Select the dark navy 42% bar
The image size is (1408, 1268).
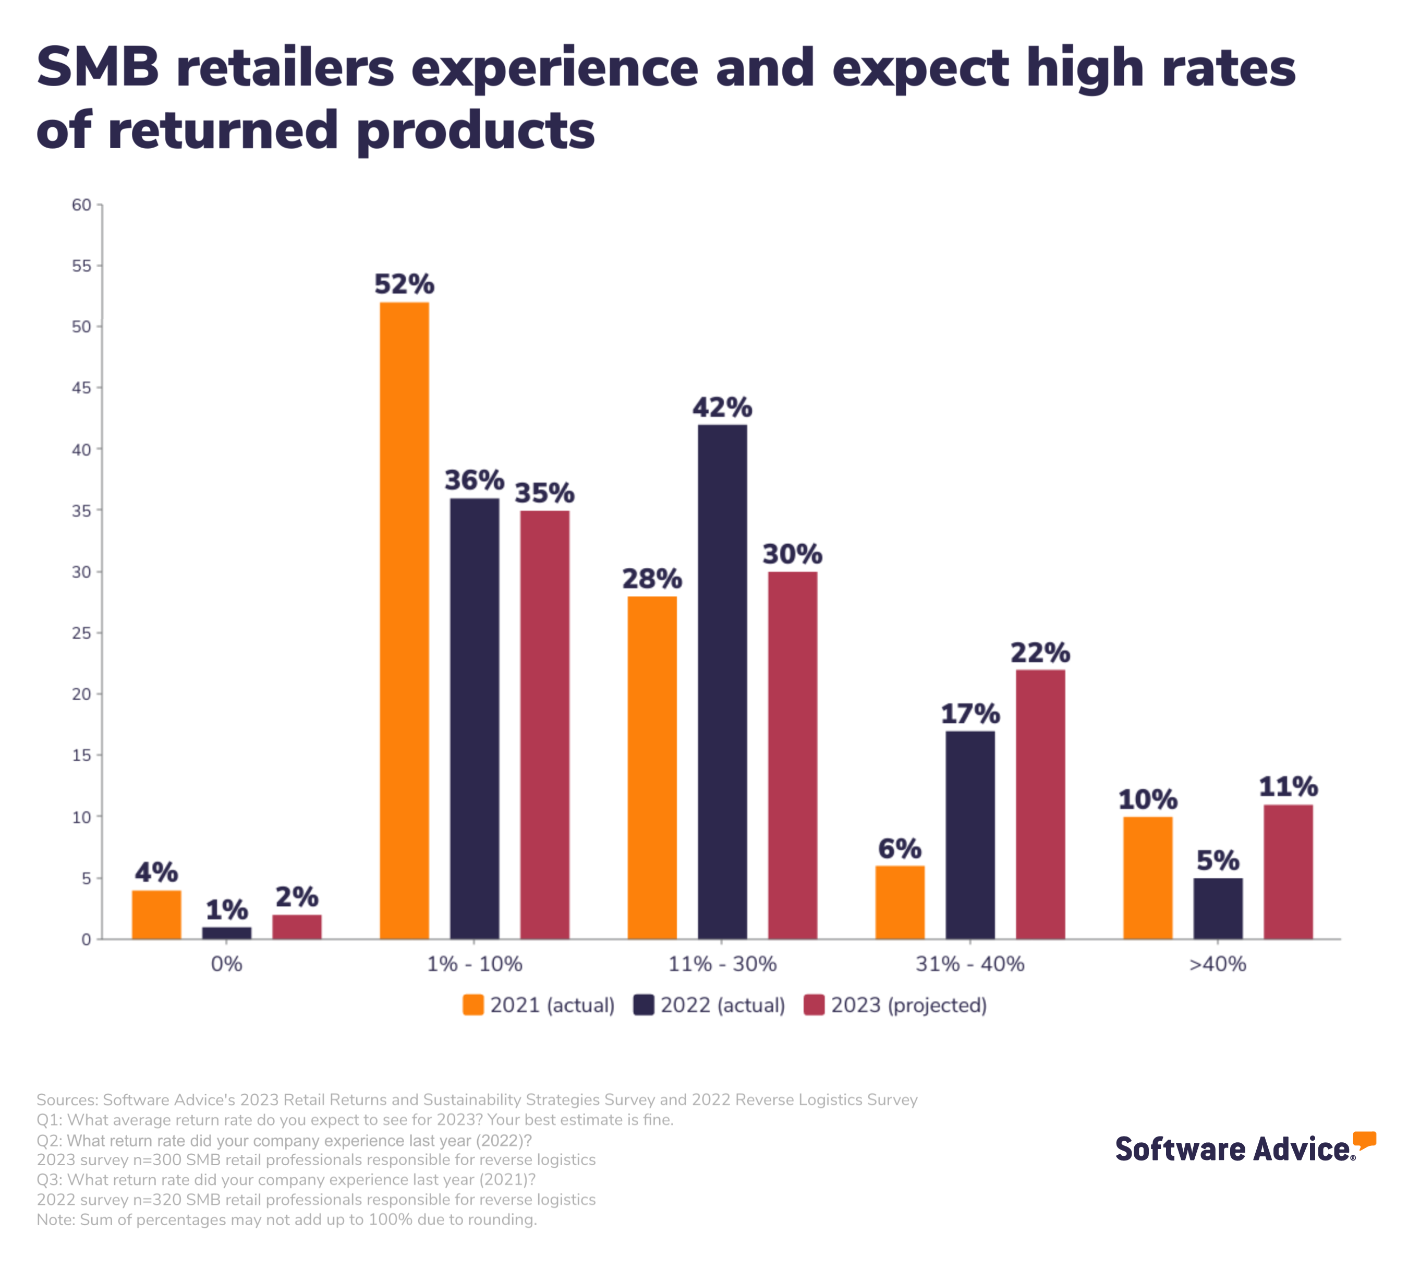point(722,681)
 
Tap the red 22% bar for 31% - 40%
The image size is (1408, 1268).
point(1040,804)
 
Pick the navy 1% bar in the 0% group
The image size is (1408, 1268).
point(226,933)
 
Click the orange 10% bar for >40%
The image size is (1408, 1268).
point(1148,878)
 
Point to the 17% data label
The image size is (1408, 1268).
point(969,714)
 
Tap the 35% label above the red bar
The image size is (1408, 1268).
point(544,493)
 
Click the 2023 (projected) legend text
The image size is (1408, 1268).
point(909,1006)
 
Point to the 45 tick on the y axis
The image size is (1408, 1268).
point(81,388)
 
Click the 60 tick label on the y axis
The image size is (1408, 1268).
point(81,205)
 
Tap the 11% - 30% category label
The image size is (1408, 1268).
point(722,964)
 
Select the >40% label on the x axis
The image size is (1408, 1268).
point(1218,964)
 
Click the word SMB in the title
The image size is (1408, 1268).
point(98,68)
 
